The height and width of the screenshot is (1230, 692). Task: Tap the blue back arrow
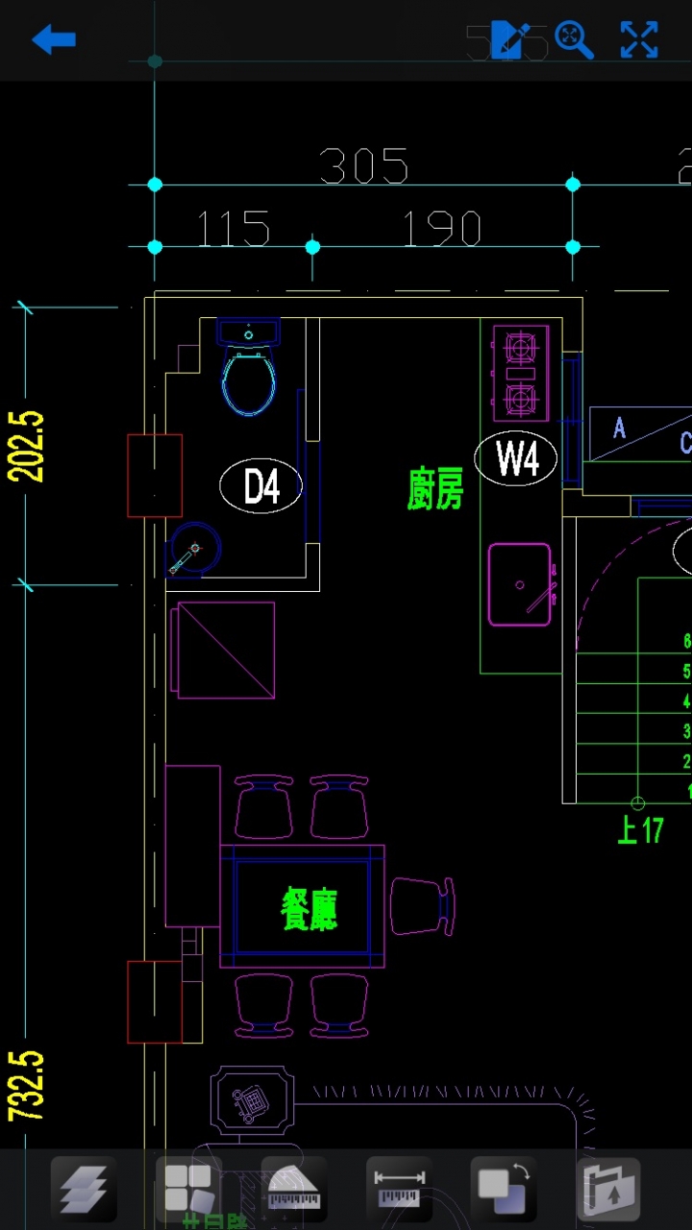[54, 39]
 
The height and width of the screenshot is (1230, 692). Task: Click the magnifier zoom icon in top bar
[573, 39]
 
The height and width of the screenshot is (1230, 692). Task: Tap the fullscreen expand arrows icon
[639, 39]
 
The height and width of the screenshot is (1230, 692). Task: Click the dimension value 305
[363, 166]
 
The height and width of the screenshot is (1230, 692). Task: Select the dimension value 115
[234, 230]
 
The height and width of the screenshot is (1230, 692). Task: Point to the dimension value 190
[441, 230]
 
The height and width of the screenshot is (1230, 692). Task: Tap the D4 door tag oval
[260, 486]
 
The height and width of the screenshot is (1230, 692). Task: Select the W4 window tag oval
[516, 458]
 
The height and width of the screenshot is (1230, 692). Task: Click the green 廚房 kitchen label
[435, 489]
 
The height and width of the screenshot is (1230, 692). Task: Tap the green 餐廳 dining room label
[309, 908]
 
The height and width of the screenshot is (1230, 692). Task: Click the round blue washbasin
[195, 550]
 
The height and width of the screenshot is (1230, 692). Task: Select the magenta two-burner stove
[520, 373]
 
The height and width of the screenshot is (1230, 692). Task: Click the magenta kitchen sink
[520, 584]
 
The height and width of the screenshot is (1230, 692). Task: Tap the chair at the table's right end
[421, 906]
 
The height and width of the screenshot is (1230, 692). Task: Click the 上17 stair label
[640, 829]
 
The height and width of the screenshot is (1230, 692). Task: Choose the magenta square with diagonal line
[224, 650]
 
